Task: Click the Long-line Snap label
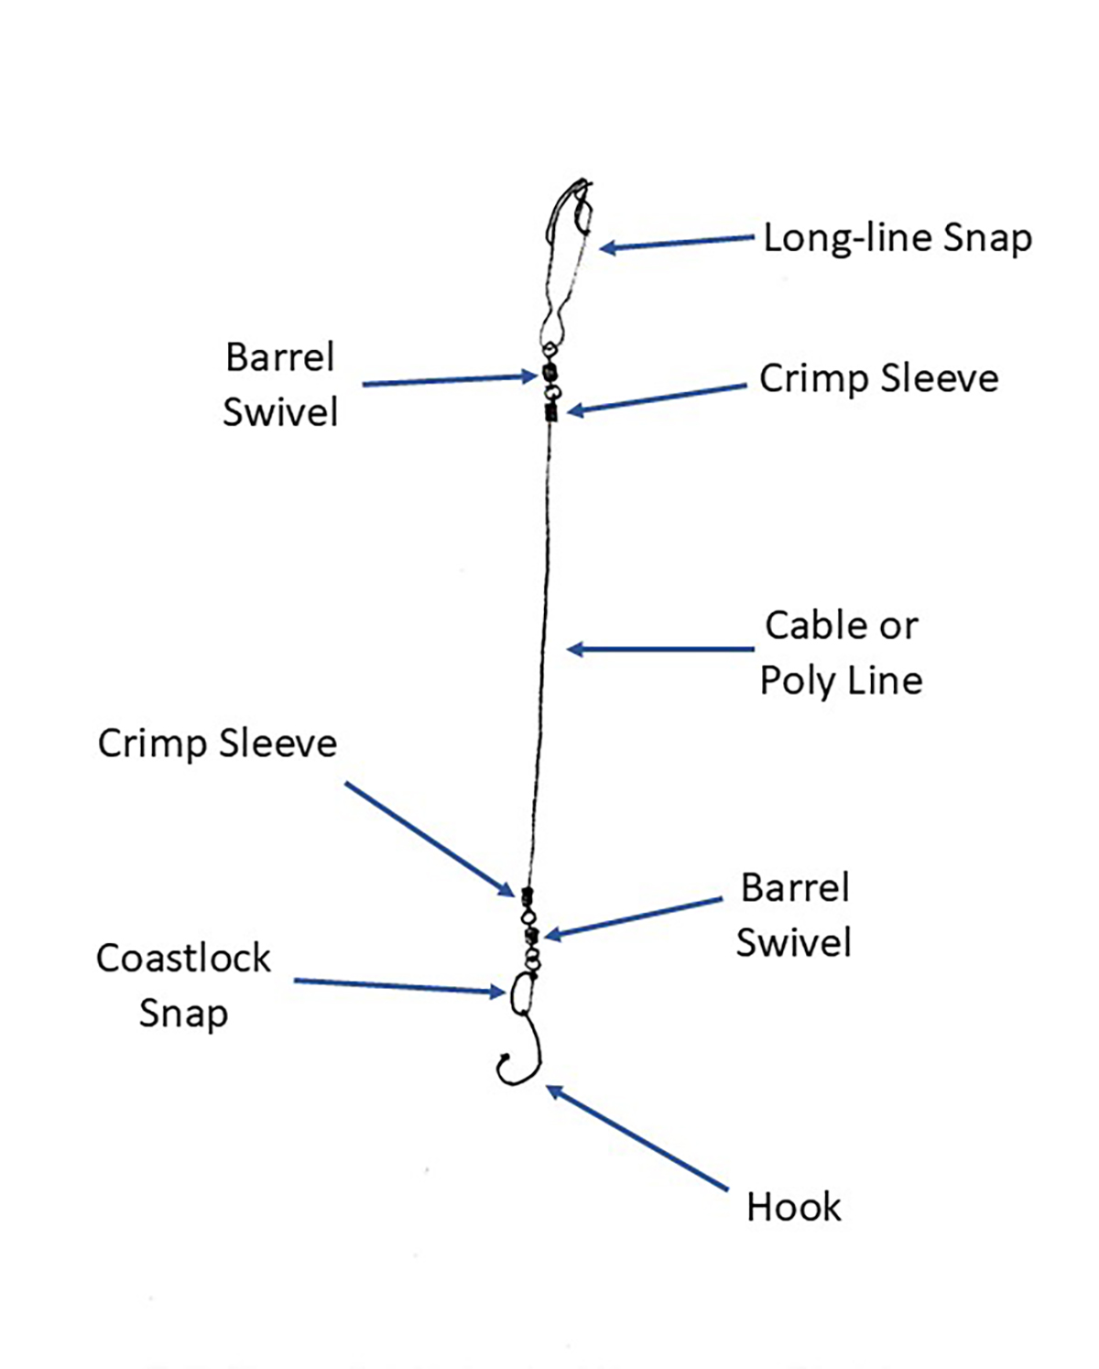898,238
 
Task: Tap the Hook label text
793,1207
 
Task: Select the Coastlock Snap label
183,985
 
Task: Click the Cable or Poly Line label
841,653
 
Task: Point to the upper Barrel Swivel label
280,385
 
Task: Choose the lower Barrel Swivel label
794,915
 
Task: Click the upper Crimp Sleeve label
878,378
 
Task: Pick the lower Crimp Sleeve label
217,744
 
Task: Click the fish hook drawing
520,1053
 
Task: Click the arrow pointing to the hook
637,1137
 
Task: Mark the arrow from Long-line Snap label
678,243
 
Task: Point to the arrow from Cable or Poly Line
659,649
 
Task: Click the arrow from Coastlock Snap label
398,986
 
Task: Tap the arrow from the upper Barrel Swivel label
449,380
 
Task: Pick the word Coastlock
183,959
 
